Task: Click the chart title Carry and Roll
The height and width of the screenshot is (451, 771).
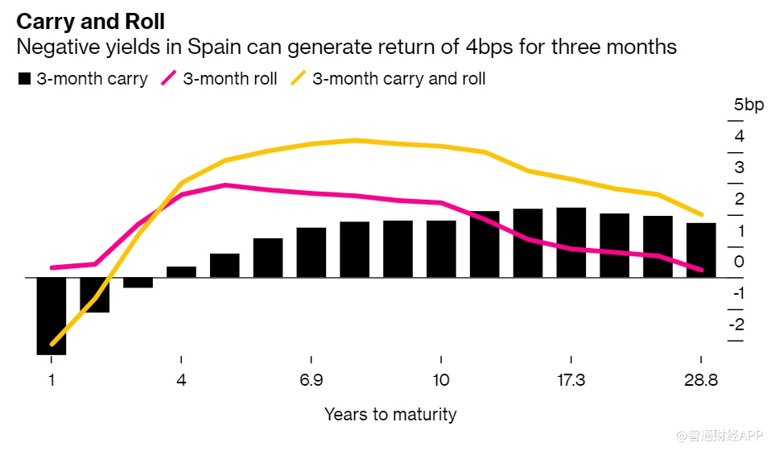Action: (x=95, y=19)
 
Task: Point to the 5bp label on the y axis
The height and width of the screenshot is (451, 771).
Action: (x=748, y=105)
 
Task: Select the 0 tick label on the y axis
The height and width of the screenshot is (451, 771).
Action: (x=739, y=262)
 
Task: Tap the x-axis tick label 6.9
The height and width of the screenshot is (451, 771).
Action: (x=311, y=380)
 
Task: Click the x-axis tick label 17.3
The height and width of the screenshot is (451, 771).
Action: (x=571, y=380)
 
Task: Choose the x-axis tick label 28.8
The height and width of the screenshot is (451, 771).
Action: (x=700, y=380)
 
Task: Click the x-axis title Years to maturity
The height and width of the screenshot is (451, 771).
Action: (x=390, y=415)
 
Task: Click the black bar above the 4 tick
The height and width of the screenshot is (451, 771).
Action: (x=181, y=271)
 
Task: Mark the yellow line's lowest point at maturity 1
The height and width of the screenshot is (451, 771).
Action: (x=52, y=344)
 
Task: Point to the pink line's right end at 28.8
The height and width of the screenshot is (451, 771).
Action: (x=701, y=270)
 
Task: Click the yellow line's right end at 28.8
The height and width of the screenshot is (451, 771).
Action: (x=701, y=215)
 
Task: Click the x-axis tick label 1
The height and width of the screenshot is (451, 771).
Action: (x=52, y=380)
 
